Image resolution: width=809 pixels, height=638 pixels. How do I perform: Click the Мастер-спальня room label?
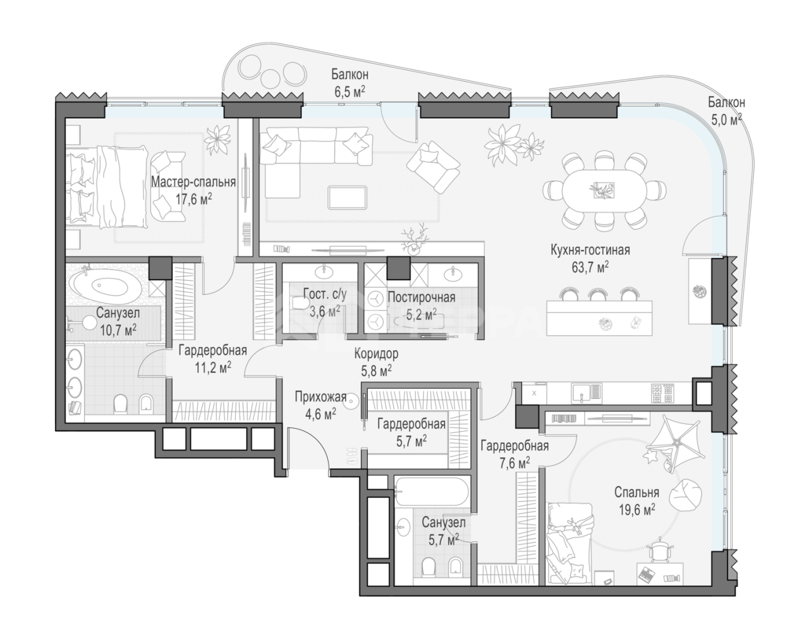coord(193,182)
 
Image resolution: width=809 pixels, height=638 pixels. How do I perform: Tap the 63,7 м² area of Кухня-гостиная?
coord(590,267)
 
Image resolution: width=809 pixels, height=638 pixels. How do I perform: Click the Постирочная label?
coord(422,297)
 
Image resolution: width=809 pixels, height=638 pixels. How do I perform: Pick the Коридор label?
coord(376,353)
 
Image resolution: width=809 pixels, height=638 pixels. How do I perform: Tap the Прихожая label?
coord(320,396)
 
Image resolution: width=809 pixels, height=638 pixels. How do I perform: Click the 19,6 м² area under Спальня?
coord(637,510)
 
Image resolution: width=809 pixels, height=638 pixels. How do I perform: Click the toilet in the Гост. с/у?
coord(300,304)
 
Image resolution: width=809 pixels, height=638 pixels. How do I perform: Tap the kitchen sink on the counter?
coord(587,393)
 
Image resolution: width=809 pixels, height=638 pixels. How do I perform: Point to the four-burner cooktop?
coord(662,393)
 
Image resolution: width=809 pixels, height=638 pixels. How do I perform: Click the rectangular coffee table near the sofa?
coord(347,197)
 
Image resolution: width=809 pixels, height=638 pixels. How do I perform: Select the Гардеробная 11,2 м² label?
coord(213,359)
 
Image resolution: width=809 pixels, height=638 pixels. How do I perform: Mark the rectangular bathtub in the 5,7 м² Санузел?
coord(432,491)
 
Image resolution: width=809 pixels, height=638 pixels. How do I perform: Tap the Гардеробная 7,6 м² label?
coord(514,454)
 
